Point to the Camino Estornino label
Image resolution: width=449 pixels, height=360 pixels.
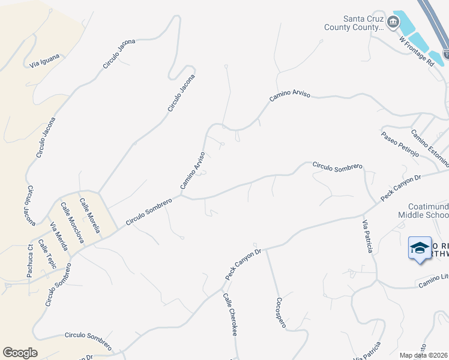pyautogui.click(x=429, y=148)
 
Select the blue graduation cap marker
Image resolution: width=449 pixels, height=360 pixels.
pyautogui.click(x=420, y=248)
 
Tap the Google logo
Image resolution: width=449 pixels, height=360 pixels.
pyautogui.click(x=20, y=353)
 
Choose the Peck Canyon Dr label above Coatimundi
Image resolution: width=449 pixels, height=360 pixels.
pyautogui.click(x=402, y=188)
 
